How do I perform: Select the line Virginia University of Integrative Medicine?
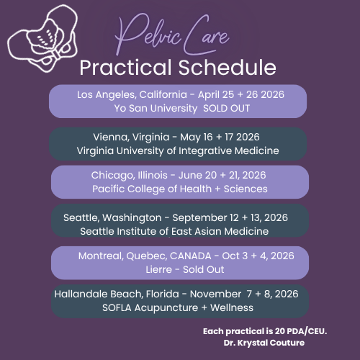[x=178, y=150]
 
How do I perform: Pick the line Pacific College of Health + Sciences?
[x=179, y=189]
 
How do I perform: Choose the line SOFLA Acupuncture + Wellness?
[x=178, y=308]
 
